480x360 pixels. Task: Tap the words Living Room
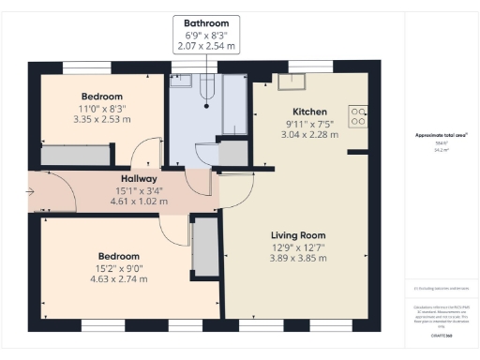297,234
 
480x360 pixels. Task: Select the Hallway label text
138,178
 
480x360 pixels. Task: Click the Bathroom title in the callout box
205,22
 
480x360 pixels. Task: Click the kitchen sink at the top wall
300,79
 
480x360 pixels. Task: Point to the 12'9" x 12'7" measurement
297,247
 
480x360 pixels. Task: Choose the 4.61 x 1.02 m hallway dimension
138,201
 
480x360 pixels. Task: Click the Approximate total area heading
442,135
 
